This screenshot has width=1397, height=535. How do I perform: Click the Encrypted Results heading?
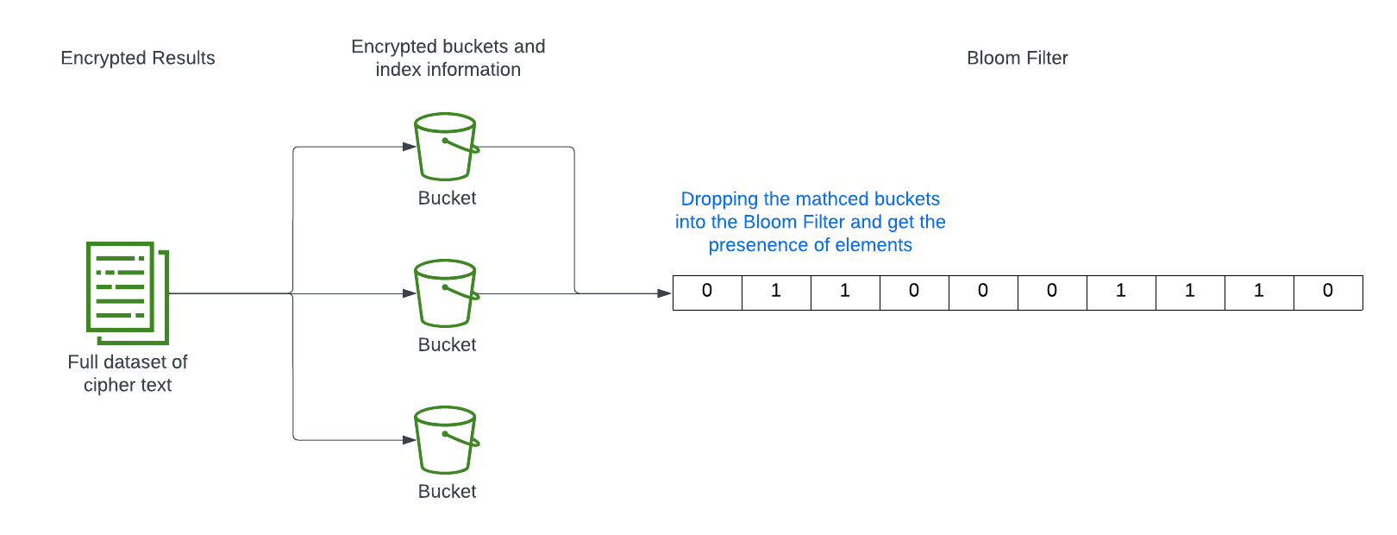click(138, 58)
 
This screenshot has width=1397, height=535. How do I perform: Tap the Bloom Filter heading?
click(1017, 58)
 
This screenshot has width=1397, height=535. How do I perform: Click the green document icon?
click(128, 293)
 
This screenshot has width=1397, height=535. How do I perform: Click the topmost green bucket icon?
click(446, 147)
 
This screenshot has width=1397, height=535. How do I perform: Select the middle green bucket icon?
click(446, 293)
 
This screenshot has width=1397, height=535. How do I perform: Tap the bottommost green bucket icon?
click(446, 440)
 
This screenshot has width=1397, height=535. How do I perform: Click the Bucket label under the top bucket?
click(447, 198)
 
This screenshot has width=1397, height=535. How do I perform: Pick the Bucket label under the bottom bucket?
click(447, 491)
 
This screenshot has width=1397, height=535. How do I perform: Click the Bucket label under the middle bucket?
click(447, 344)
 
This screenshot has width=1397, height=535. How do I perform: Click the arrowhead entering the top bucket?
click(410, 147)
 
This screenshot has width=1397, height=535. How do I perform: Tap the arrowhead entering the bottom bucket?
click(410, 440)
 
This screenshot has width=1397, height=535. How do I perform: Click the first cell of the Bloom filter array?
click(707, 292)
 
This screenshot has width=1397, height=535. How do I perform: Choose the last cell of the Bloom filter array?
click(1328, 292)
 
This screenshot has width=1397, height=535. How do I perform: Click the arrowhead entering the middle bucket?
click(410, 293)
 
